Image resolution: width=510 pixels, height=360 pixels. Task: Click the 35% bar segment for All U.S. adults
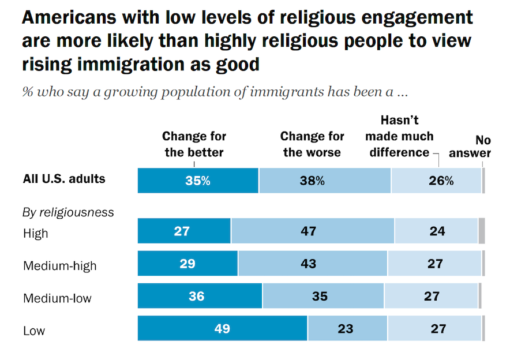[198, 181]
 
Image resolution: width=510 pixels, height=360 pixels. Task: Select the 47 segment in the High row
[312, 231]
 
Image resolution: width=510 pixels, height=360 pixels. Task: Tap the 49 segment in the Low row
[222, 329]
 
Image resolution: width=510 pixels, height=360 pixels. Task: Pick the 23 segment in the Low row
[347, 329]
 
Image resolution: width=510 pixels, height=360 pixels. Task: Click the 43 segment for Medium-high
[312, 264]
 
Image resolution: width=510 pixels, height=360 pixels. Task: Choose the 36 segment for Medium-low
[200, 297]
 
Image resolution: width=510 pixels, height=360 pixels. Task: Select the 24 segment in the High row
[436, 231]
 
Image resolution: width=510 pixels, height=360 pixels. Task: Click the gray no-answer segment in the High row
[482, 231]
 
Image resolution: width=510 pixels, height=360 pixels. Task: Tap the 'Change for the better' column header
[194, 144]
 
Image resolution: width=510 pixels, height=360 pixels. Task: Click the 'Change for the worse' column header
[312, 144]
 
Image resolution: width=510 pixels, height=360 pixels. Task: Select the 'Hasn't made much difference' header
[399, 137]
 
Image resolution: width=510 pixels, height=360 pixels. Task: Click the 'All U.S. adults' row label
[64, 179]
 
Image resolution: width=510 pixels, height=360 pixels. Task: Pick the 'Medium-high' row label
[59, 266]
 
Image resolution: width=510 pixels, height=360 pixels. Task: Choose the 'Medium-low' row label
[57, 298]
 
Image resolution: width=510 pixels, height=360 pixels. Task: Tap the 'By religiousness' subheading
[68, 212]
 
